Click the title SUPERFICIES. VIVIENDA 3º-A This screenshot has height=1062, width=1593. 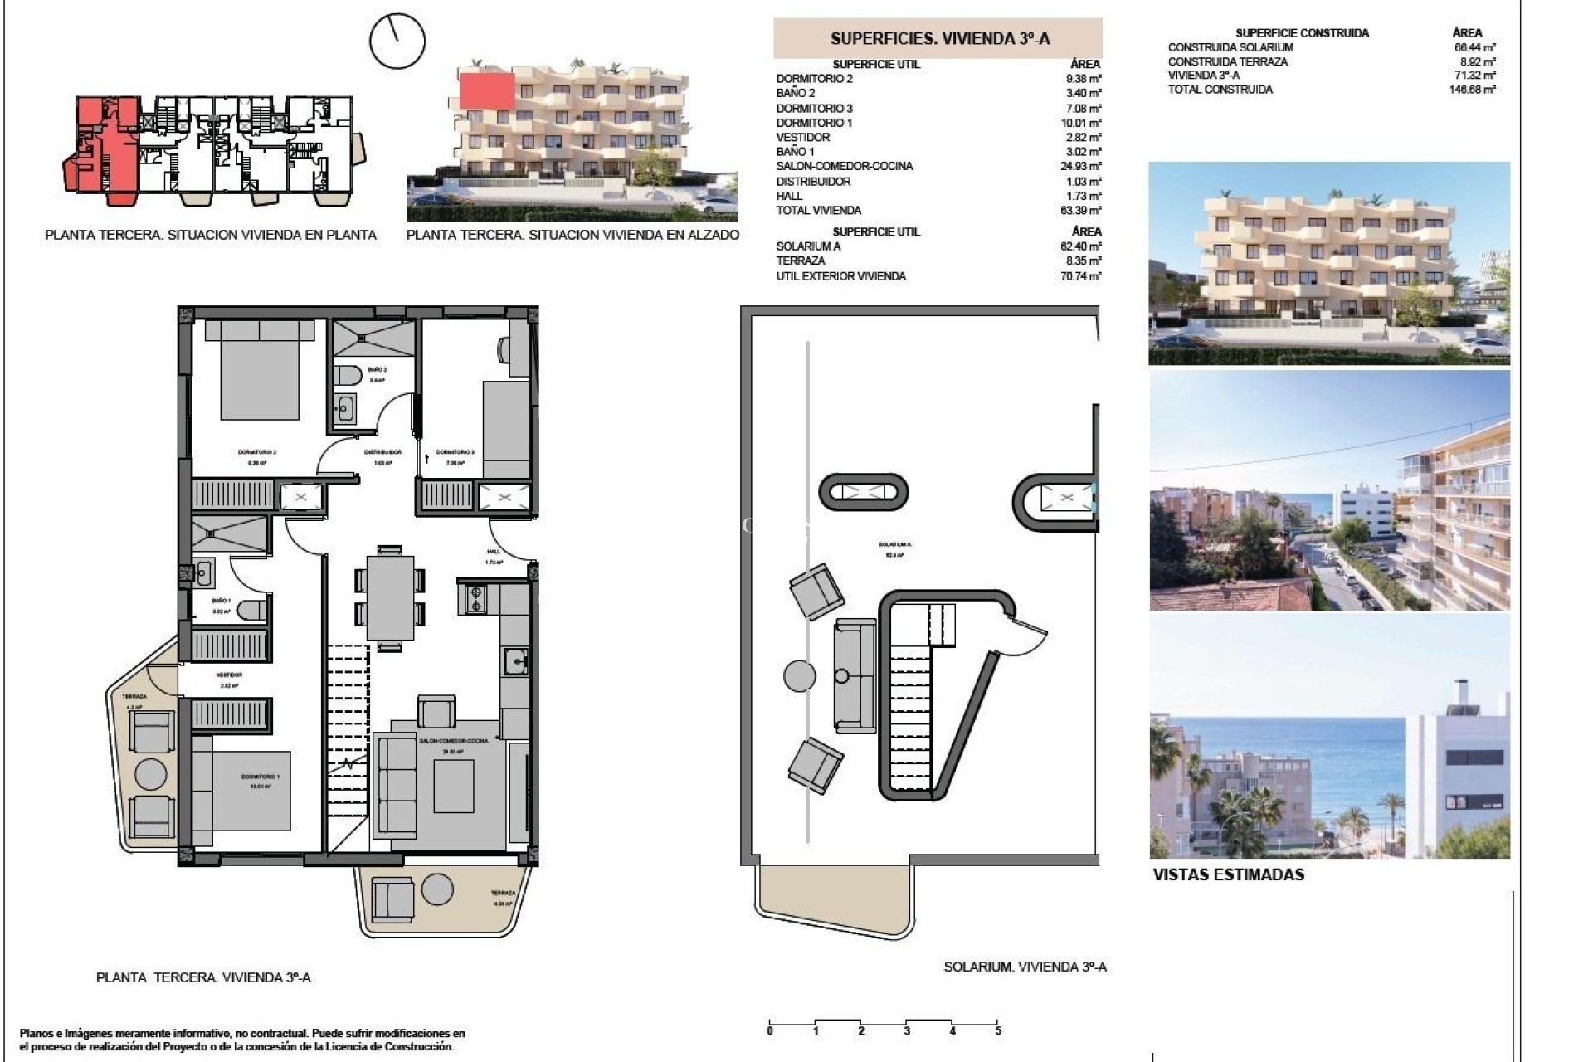pyautogui.click(x=939, y=38)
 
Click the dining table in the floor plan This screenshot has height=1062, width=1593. pyautogui.click(x=390, y=597)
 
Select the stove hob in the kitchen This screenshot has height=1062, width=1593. pyautogui.click(x=476, y=599)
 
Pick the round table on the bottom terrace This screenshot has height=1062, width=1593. pyautogui.click(x=437, y=890)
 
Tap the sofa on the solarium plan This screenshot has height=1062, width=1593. pyautogui.click(x=855, y=675)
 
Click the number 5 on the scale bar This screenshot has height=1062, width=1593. pyautogui.click(x=998, y=1030)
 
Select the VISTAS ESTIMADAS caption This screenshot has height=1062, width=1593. pyautogui.click(x=1228, y=874)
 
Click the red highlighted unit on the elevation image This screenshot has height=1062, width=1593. pyautogui.click(x=487, y=90)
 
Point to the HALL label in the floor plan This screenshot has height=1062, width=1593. pyautogui.click(x=494, y=552)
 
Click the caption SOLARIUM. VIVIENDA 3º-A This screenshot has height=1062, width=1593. pyautogui.click(x=1025, y=967)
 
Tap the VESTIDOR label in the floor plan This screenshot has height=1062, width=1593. pyautogui.click(x=229, y=675)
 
